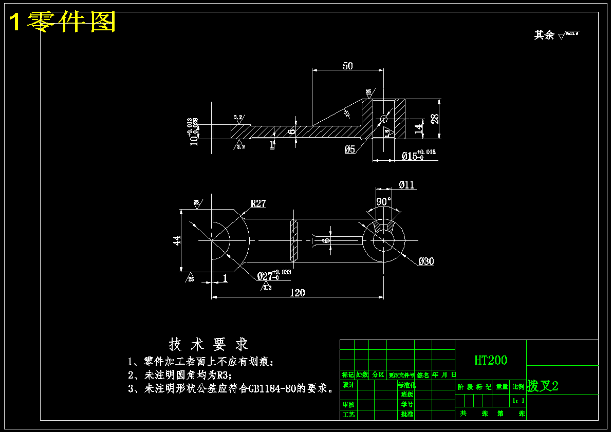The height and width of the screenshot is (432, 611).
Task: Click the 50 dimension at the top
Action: point(348,66)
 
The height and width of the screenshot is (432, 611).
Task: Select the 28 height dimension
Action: point(434,119)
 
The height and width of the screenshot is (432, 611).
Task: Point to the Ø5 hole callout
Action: point(349,149)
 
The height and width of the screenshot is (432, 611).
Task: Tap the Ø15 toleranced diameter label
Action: point(418,155)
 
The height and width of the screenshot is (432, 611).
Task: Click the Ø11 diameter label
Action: point(406,185)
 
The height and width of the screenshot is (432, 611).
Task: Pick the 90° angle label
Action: point(384,201)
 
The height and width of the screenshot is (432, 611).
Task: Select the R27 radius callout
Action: point(258,203)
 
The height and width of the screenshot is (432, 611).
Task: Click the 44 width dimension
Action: point(176,240)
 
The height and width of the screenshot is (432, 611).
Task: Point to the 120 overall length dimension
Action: point(298,293)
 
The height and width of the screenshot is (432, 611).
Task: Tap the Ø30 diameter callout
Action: point(426,261)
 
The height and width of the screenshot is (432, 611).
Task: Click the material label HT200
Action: point(490,360)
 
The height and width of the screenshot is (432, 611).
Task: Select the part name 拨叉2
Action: point(543,386)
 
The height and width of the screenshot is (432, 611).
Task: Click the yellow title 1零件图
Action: point(63,22)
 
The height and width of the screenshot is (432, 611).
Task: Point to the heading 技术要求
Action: point(208,344)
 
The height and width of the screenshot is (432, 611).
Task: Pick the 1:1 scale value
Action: point(519,400)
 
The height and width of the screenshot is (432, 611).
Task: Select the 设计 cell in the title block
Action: point(348,385)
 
